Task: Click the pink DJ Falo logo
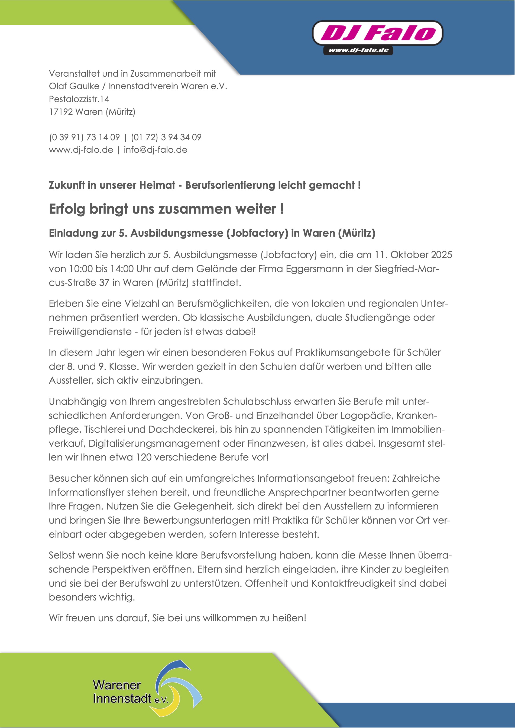point(377,33)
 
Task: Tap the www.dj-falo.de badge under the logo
point(358,50)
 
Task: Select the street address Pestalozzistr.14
point(79,99)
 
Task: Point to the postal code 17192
point(61,112)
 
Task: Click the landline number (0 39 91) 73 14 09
point(85,137)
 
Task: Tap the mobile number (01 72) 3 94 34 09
point(166,137)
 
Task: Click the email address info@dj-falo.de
point(156,150)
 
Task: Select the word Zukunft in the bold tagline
point(67,185)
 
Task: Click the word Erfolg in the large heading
point(67,209)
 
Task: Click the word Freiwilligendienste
point(90,332)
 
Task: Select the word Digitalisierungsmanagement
point(154,443)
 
